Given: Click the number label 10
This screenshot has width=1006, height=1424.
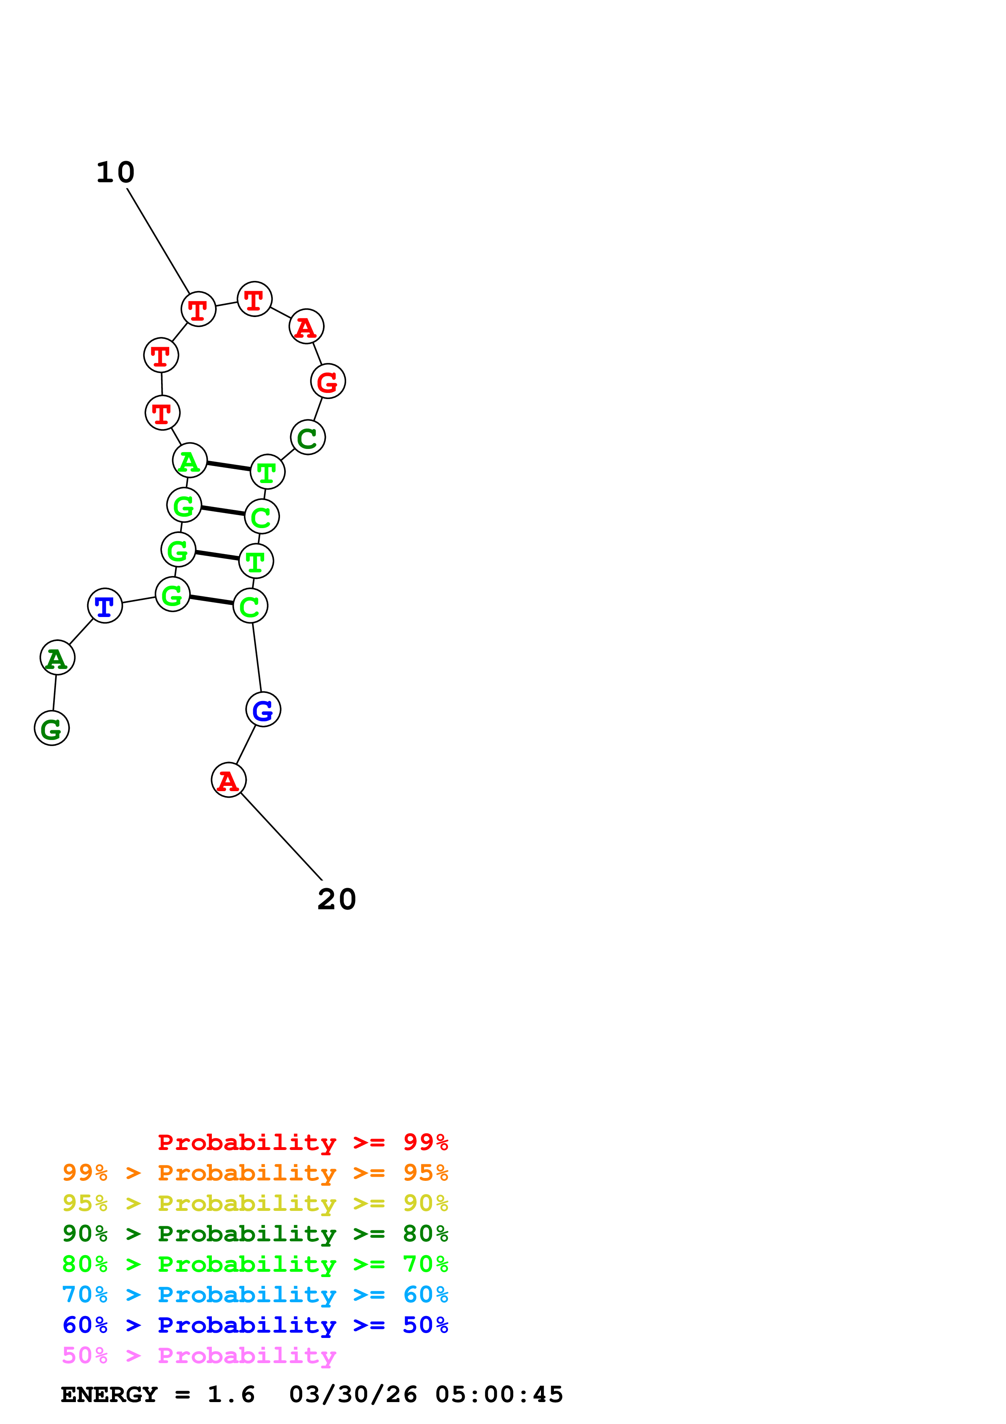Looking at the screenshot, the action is pyautogui.click(x=115, y=173).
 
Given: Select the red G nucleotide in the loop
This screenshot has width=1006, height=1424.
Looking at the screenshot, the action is pyautogui.click(x=328, y=382).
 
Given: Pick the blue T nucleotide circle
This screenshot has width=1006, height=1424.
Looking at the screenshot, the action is pyautogui.click(x=105, y=606).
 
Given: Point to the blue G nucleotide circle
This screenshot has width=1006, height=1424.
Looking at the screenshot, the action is pyautogui.click(x=263, y=710).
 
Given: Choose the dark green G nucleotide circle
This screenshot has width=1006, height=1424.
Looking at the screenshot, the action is pyautogui.click(x=52, y=728).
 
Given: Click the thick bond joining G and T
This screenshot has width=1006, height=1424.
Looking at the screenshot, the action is pyautogui.click(x=217, y=555).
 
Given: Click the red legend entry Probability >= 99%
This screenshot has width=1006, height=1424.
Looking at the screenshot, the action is pyautogui.click(x=302, y=1142).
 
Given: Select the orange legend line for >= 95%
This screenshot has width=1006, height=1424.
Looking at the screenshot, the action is pyautogui.click(x=255, y=1172).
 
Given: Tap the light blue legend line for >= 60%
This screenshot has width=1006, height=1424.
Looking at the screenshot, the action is pyautogui.click(x=255, y=1295).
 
